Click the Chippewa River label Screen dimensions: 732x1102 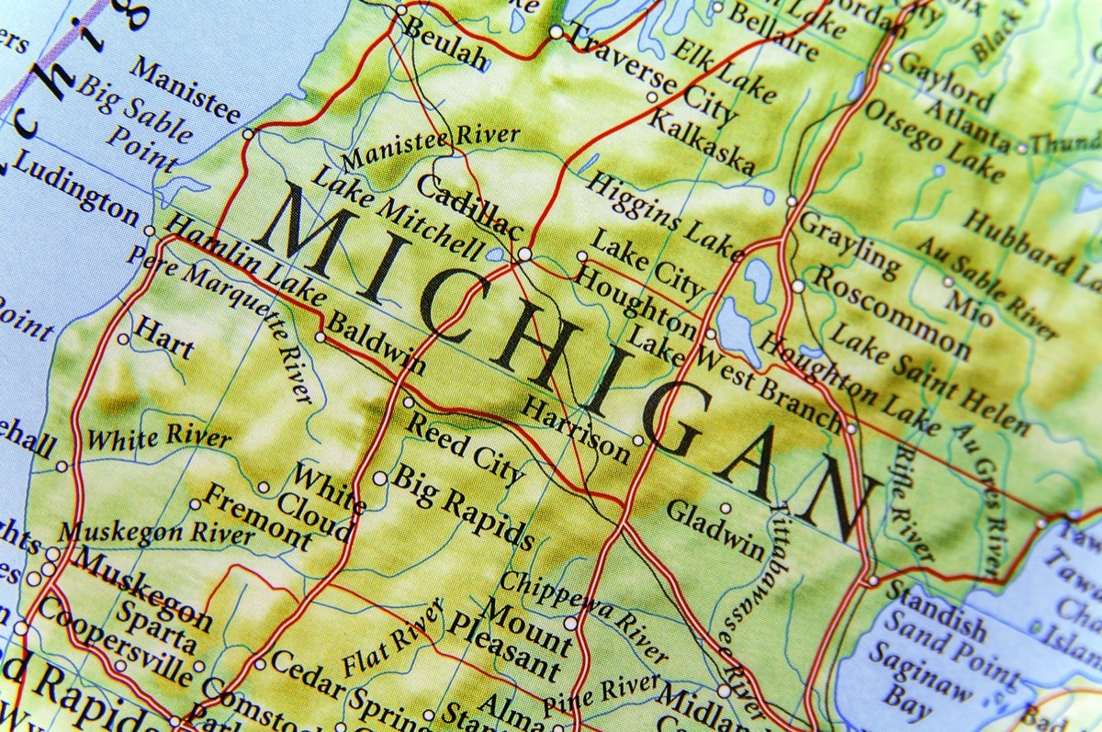(582, 615)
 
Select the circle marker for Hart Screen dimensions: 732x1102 (123, 339)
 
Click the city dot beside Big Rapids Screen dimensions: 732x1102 (379, 479)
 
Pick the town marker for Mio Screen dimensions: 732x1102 (949, 282)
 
